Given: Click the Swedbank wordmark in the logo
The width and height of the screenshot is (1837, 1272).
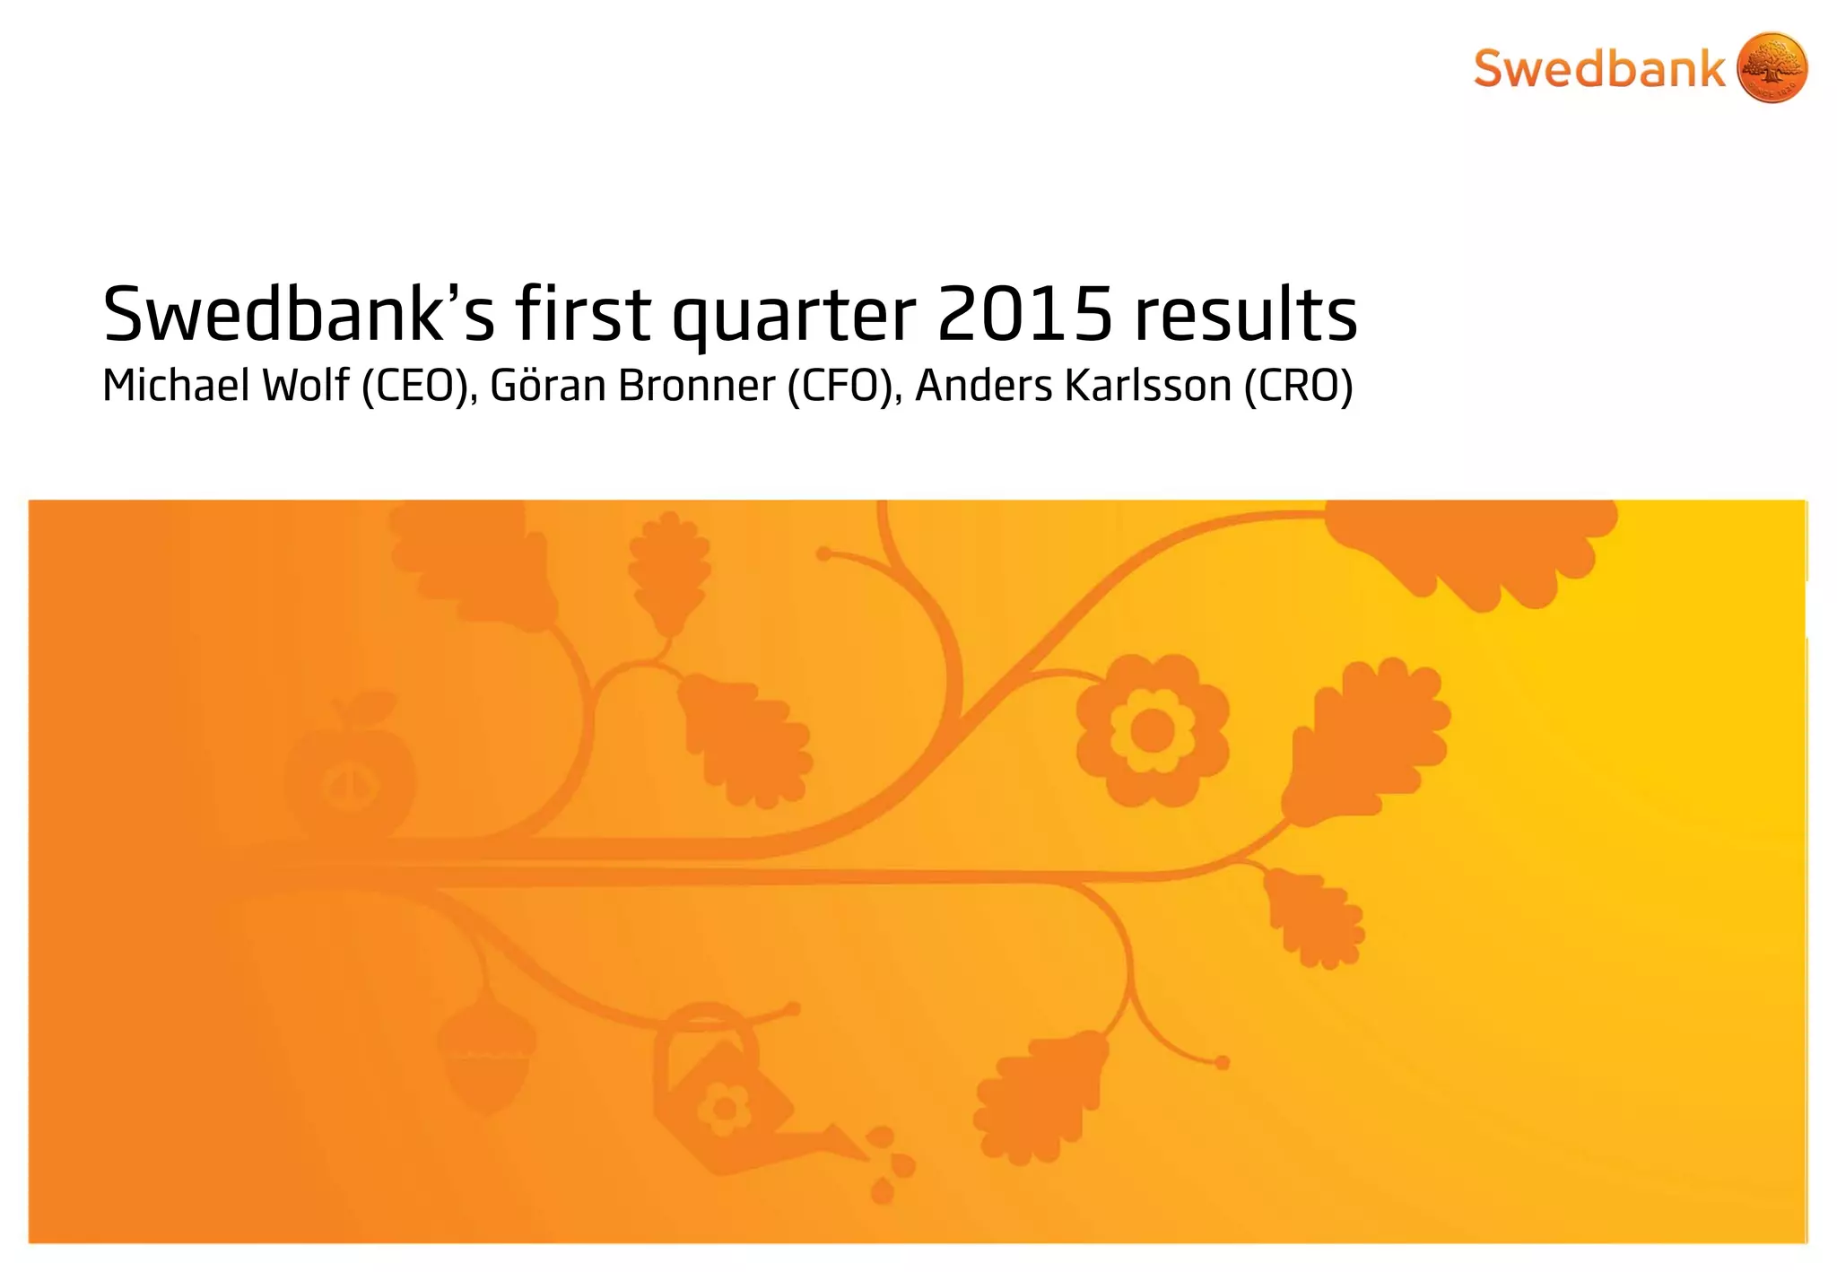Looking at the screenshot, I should tap(1598, 69).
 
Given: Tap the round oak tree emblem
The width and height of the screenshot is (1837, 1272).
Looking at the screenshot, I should tap(1772, 68).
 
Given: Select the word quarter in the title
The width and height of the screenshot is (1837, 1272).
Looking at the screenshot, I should tap(794, 316).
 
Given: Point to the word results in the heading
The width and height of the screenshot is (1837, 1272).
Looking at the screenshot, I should tap(1246, 314).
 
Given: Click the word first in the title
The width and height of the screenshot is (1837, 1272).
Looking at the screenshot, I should tap(582, 314).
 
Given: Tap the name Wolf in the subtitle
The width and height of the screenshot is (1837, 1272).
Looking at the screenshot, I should tap(305, 386).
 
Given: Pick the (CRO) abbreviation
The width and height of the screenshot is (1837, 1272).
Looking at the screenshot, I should tap(1298, 386).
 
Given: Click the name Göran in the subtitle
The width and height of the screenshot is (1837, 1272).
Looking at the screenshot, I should tap(548, 386).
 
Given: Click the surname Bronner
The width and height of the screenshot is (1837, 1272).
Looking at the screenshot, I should tap(696, 386).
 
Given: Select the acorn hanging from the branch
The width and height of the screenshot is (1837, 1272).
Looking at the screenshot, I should tap(486, 1059).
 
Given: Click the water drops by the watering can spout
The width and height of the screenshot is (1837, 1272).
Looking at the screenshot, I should tap(888, 1166).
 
